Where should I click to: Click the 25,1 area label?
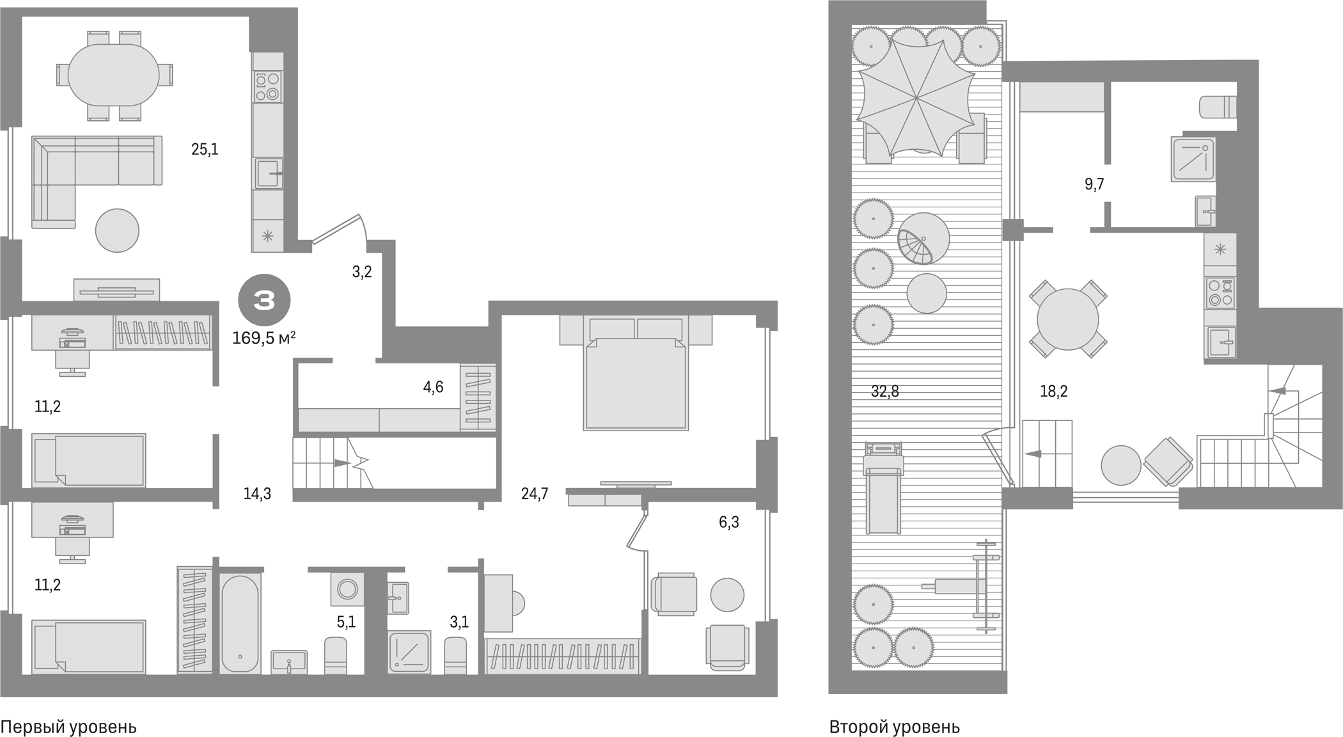click(205, 150)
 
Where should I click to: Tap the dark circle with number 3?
click(264, 300)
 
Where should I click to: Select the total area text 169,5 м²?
click(263, 338)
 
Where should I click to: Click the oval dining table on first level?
click(114, 75)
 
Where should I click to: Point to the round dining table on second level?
click(1067, 319)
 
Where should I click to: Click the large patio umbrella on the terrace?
click(916, 98)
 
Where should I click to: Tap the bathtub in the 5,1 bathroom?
click(240, 622)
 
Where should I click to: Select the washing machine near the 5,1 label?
click(347, 589)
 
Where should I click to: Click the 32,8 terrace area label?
click(884, 392)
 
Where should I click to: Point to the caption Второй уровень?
click(894, 727)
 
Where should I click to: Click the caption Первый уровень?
click(68, 727)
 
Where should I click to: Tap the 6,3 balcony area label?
click(728, 523)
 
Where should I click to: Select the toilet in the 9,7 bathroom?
click(1218, 107)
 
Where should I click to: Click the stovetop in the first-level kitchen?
click(267, 87)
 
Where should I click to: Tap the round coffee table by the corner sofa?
click(117, 230)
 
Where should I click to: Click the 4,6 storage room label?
click(433, 387)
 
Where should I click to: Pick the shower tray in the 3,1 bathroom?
click(409, 651)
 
